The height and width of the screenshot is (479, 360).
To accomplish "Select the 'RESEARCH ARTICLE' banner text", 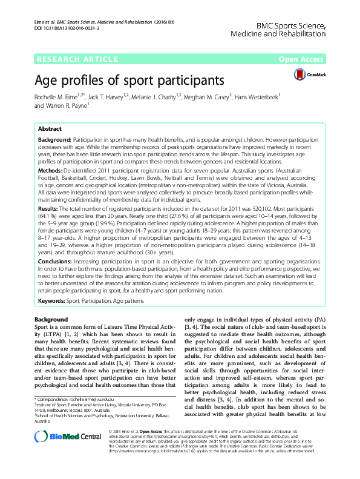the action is pos(77,59).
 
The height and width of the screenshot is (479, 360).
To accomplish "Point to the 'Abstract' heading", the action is pos(50,130).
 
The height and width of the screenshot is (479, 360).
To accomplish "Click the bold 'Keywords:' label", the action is pos(53,300).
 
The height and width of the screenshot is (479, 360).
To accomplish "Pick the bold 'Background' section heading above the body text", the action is pos(51,319).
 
